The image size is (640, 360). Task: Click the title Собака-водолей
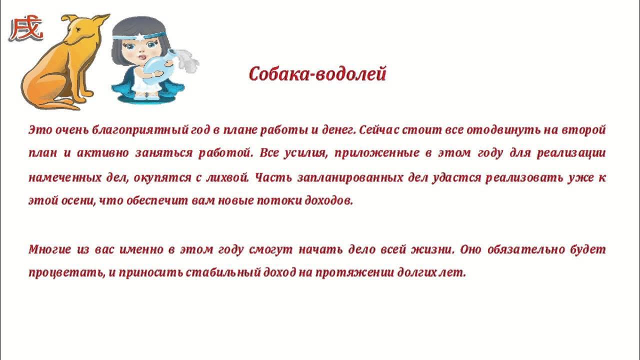[x=317, y=74]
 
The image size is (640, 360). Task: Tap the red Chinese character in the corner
[x=26, y=29]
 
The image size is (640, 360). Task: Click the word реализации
[x=571, y=153]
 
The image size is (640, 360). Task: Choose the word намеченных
[x=59, y=177]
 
